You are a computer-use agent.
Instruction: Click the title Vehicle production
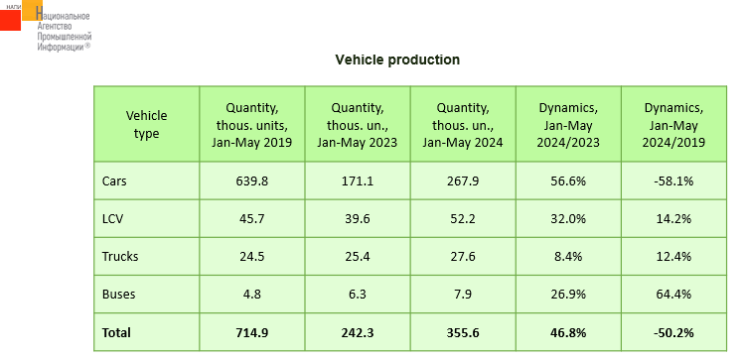[x=397, y=60]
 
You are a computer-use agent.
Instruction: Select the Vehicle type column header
[x=146, y=124]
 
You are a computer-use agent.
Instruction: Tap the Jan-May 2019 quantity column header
[x=252, y=125]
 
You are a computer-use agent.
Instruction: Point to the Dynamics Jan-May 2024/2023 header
[x=568, y=125]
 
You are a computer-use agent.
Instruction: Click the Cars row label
[x=114, y=180]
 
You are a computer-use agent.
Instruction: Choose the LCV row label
[x=112, y=218]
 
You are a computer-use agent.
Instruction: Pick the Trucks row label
[x=120, y=257]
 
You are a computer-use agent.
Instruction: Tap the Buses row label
[x=118, y=295]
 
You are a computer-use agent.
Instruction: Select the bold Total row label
[x=116, y=332]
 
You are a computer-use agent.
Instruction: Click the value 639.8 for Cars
[x=252, y=180]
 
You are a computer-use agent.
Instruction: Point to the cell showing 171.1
[x=358, y=180]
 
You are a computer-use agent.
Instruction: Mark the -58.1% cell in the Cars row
[x=673, y=180]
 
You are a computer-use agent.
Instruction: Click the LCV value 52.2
[x=463, y=218]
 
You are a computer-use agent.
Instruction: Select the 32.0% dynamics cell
[x=568, y=218]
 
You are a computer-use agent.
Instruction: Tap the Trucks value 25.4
[x=358, y=257]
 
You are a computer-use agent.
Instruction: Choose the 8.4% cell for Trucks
[x=568, y=257]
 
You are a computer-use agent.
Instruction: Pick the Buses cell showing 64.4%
[x=673, y=295]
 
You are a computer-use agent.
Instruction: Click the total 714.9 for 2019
[x=252, y=332]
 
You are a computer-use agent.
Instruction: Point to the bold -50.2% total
[x=673, y=332]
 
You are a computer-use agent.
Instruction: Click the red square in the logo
[x=10, y=20]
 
